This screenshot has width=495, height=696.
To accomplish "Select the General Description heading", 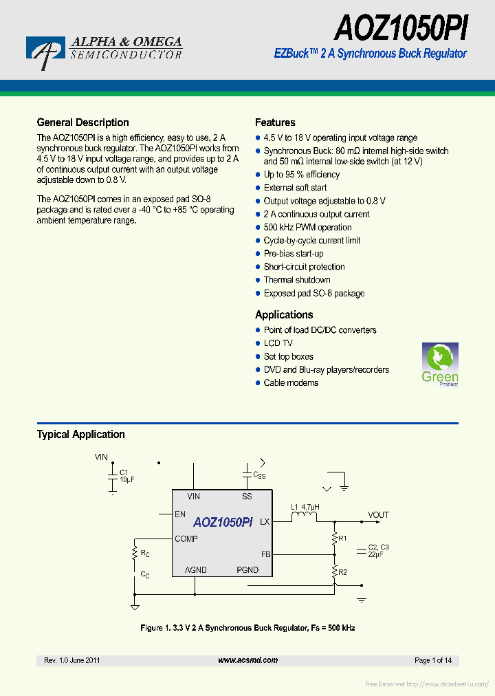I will coord(82,122).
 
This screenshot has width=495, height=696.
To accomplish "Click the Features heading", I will coord(275,122).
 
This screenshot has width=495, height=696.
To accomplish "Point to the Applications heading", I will coord(284,315).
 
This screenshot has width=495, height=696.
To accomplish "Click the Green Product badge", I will coord(439,365).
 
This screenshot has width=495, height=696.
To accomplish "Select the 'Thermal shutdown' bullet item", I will coord(297,280).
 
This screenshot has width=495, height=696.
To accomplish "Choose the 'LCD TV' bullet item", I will coord(278,343).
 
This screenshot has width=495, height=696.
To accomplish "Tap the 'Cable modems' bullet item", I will coord(291,383).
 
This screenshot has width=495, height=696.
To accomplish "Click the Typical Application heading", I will coord(80,435).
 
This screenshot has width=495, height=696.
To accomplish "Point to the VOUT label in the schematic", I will coord(378,514).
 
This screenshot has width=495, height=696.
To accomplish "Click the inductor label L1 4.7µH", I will coord(305,508).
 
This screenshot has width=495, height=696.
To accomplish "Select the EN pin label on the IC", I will coord(180,514).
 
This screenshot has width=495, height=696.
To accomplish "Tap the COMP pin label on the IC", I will coord(186,539).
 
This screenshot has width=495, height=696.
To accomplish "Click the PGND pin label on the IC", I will coord(247,569).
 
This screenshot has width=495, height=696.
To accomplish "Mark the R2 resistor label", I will coord(342,572).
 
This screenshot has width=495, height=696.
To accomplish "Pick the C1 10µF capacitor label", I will coord(126,476).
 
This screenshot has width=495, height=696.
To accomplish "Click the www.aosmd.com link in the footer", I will coord(247,660).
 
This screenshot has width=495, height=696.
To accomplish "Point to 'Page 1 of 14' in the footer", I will coord(433,660).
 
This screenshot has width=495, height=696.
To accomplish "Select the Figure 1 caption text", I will coord(247,628).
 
